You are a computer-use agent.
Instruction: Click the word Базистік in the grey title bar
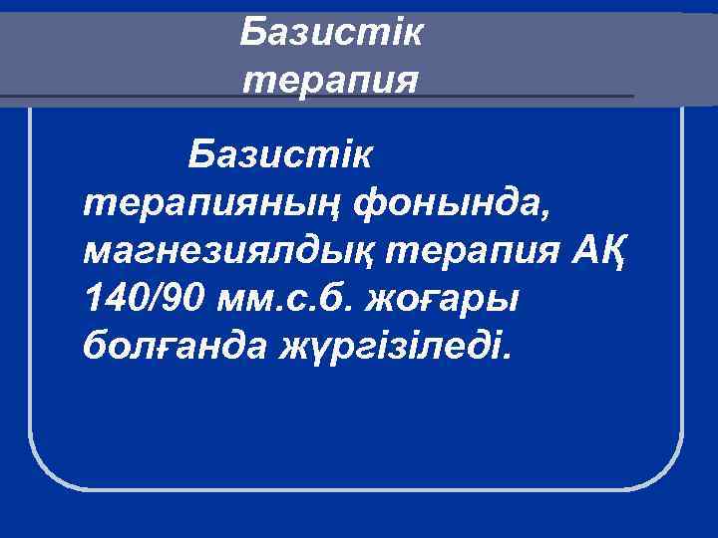tap(331, 34)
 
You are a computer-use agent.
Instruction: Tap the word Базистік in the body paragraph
tap(280, 155)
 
